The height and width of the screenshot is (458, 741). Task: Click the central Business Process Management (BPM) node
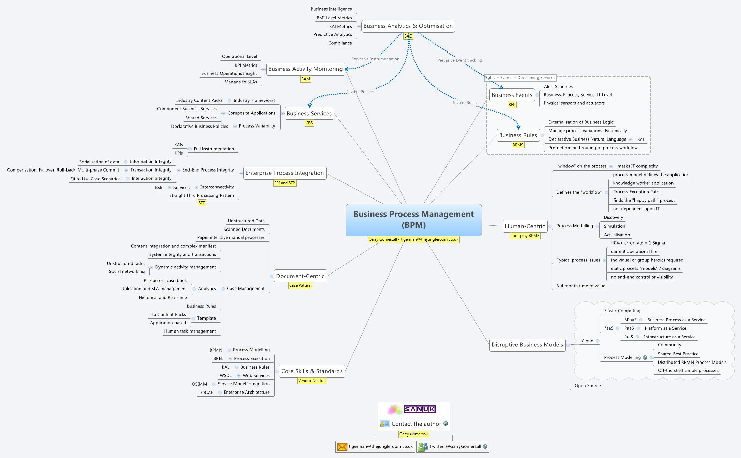coord(413,220)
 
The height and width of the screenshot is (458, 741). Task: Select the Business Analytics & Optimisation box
coord(408,26)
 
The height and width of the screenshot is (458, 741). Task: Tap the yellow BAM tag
coord(305,79)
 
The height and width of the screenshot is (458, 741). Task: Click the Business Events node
coord(512,95)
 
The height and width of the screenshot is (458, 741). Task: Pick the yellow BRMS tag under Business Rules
coord(518,145)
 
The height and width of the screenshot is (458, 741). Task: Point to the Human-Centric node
coord(525,226)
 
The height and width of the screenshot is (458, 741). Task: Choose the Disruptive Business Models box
coord(527,345)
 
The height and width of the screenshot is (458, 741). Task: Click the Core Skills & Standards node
coord(312,371)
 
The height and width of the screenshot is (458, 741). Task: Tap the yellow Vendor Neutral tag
coord(312,381)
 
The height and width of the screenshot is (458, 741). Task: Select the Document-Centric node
coord(300,276)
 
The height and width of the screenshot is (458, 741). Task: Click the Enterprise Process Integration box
coord(285,173)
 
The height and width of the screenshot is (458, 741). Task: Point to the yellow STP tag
coord(202,203)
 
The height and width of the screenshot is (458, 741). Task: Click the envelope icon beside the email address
coord(342,447)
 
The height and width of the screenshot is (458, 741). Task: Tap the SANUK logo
coord(419,409)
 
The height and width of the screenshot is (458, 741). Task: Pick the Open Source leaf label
coord(588,386)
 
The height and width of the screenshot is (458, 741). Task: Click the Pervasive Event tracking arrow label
coord(459,60)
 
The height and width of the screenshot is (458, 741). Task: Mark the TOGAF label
coord(206,393)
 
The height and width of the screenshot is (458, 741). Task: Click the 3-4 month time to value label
coord(581,286)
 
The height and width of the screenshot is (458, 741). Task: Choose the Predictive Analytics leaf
coord(332,34)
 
